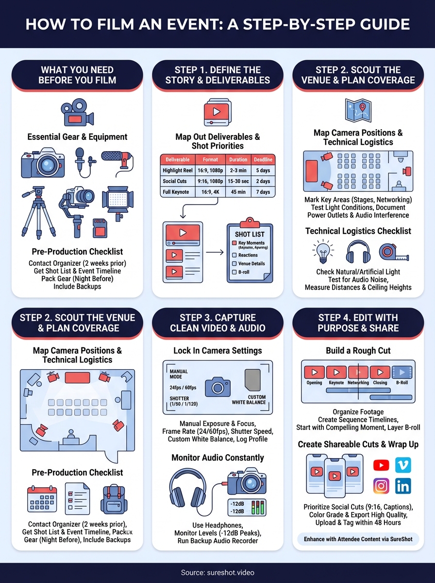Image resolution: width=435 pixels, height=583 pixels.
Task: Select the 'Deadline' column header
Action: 263,159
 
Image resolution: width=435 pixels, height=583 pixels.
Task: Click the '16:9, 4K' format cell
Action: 210,192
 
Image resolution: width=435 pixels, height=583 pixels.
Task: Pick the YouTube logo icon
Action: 381,465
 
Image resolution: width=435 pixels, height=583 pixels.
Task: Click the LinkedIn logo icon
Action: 403,486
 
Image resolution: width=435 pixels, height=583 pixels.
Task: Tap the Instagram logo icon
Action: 381,486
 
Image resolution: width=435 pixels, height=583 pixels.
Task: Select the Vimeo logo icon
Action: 403,465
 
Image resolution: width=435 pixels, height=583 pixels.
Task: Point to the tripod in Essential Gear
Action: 38,212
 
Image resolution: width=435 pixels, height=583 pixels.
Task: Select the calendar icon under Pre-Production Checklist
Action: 42,500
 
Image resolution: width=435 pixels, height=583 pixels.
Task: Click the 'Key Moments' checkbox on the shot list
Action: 234,243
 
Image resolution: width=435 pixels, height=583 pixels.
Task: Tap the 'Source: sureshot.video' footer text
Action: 217,573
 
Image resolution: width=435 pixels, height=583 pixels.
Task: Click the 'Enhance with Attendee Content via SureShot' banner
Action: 358,539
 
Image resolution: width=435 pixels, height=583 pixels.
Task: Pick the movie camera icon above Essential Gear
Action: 77,115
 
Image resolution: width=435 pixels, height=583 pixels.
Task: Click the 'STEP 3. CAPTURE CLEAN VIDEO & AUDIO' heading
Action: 217,323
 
